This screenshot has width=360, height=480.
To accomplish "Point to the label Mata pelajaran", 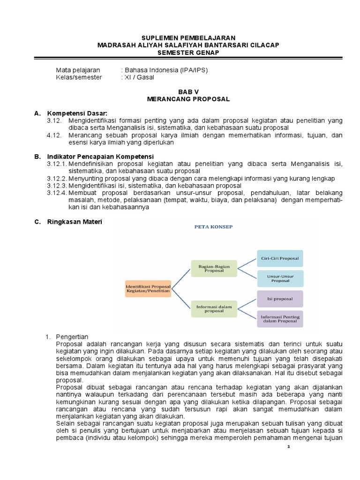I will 78,70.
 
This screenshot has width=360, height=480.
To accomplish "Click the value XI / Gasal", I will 137,77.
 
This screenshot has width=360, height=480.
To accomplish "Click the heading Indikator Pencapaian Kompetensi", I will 100,156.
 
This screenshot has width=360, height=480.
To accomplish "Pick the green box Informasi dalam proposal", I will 214,308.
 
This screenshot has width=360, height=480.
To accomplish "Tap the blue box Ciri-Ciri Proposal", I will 279,258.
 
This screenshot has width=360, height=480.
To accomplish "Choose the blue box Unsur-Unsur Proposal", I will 279,278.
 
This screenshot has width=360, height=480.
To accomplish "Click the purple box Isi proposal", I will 279,299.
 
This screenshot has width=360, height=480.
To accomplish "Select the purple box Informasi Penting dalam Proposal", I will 279,319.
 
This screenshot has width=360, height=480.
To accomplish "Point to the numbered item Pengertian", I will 75,337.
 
